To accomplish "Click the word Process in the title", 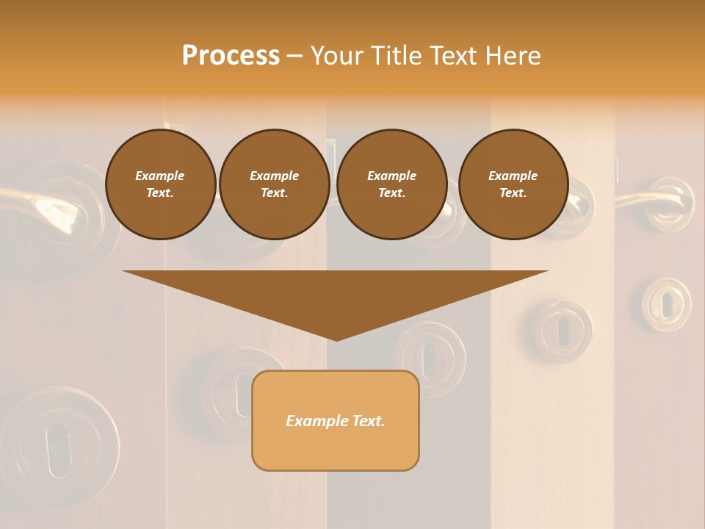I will pyautogui.click(x=231, y=56).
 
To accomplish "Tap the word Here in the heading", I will pyautogui.click(x=512, y=56).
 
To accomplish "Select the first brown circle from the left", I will pyautogui.click(x=160, y=184).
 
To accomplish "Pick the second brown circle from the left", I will pyautogui.click(x=274, y=184).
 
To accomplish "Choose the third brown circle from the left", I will pyautogui.click(x=391, y=184).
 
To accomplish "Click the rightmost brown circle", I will pyautogui.click(x=513, y=184).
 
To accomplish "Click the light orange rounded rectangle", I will pyautogui.click(x=336, y=420).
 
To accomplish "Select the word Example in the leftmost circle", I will pyautogui.click(x=160, y=176).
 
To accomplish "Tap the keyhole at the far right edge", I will pyautogui.click(x=666, y=303).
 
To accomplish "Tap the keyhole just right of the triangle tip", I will pyautogui.click(x=430, y=359).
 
